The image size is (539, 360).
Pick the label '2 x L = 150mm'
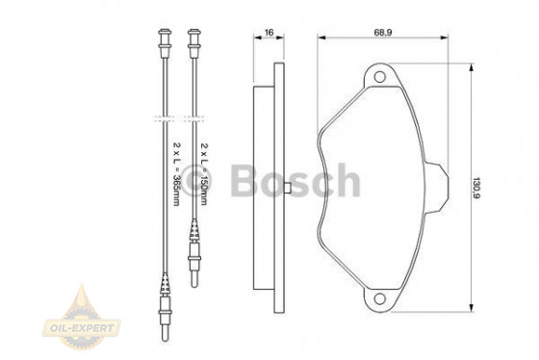(206, 173)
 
